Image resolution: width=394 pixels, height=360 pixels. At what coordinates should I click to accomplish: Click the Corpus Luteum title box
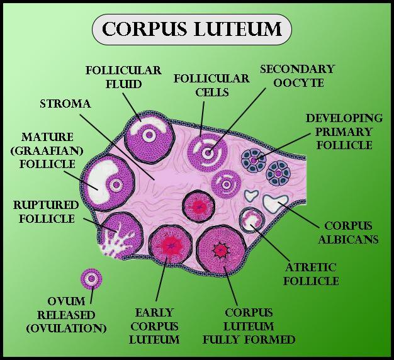[x=192, y=30]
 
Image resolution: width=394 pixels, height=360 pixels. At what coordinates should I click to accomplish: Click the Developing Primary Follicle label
[x=343, y=132]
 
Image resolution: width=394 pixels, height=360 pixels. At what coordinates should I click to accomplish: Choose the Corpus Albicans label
[x=347, y=232]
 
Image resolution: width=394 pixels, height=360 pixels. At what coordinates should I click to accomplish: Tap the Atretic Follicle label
[x=310, y=274]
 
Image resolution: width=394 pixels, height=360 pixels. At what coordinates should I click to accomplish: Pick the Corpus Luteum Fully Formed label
[x=249, y=326]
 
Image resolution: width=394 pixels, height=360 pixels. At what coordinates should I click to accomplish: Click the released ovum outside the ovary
[x=92, y=278]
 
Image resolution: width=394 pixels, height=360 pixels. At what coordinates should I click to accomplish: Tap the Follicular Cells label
[x=202, y=85]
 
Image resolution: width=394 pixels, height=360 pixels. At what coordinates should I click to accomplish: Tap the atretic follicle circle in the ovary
[x=252, y=221]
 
